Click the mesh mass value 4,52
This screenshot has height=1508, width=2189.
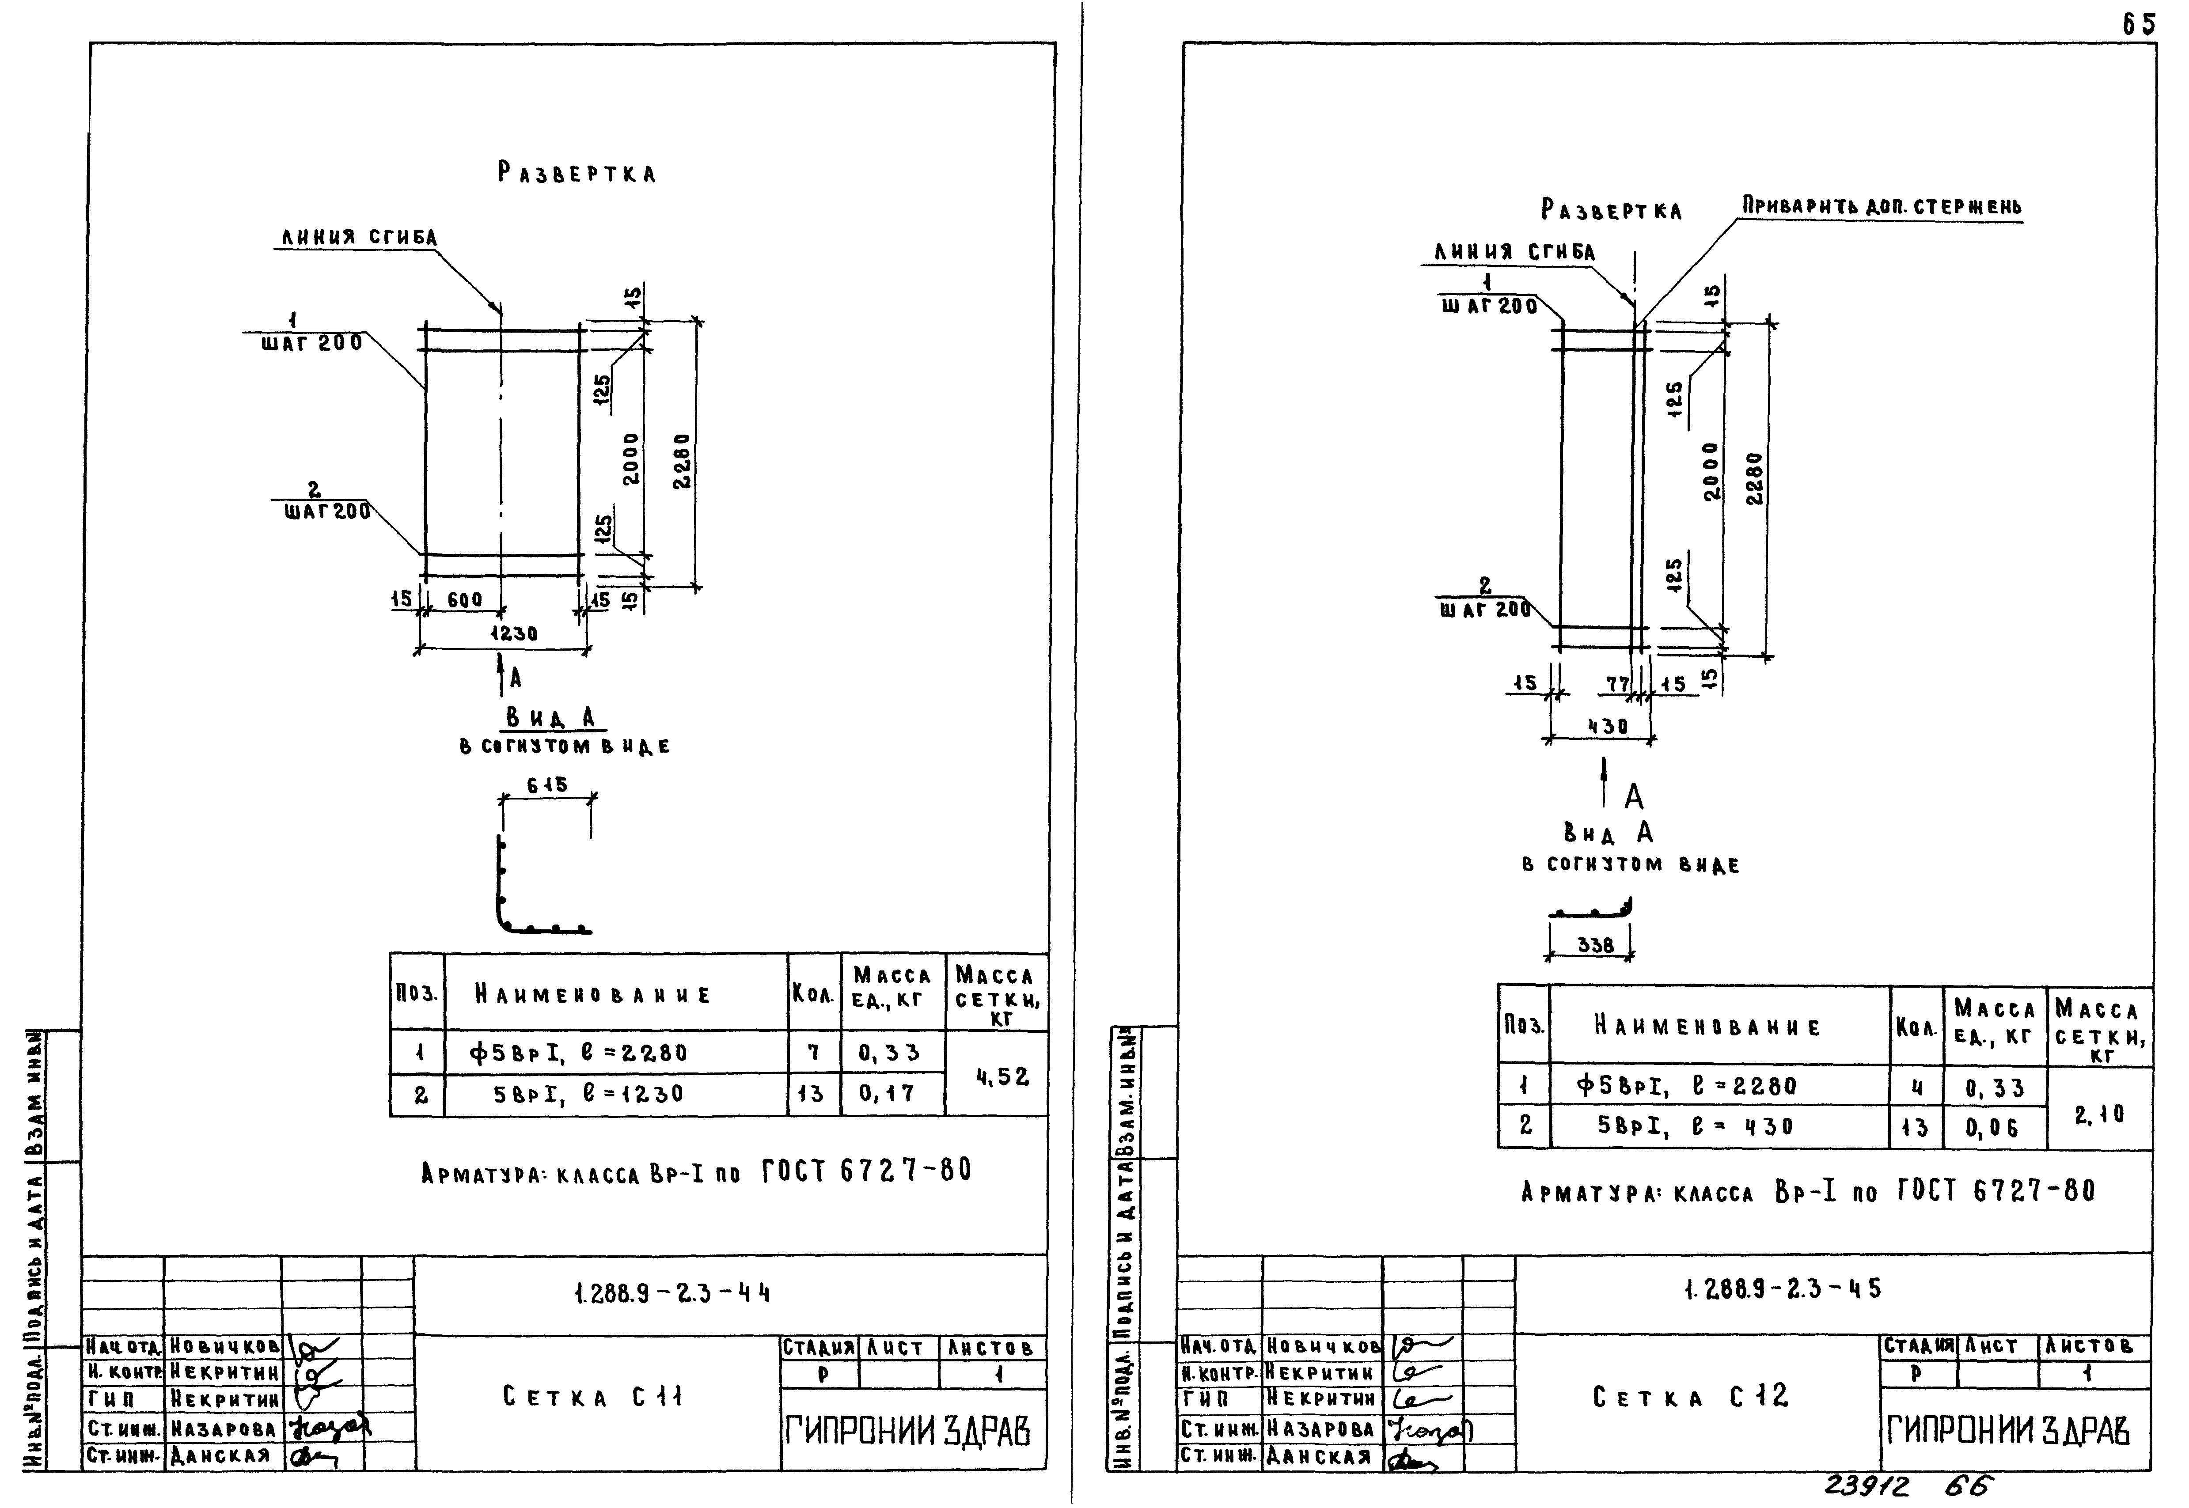(x=1002, y=1076)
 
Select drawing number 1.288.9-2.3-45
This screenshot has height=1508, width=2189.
(x=1781, y=1289)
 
